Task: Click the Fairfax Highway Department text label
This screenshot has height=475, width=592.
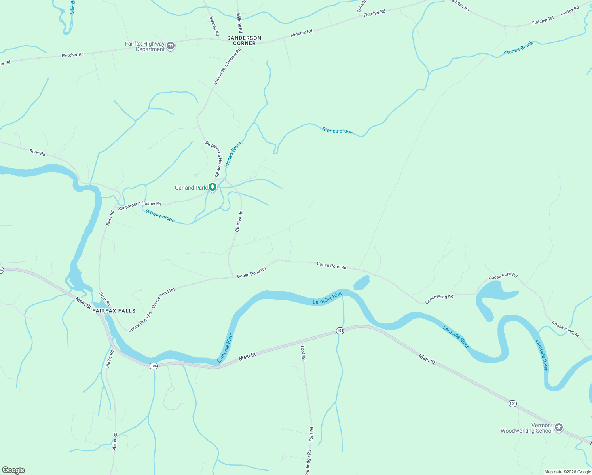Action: pos(144,46)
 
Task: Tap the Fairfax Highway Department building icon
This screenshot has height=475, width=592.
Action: pos(171,46)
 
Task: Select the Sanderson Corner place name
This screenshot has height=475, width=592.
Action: pos(244,40)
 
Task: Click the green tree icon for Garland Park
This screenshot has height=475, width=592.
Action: pos(213,187)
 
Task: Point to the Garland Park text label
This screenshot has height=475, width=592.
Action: pos(191,188)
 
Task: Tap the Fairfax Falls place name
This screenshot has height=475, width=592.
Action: pos(114,311)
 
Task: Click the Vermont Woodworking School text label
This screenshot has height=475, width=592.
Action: pos(526,428)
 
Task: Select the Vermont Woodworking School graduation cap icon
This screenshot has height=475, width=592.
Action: pos(558,427)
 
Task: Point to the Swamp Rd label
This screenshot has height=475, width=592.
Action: pos(214,26)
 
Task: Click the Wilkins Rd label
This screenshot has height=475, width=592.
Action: pos(239,23)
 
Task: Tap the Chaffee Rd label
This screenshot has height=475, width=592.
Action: pos(239,221)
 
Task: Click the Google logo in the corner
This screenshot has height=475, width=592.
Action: pos(13,470)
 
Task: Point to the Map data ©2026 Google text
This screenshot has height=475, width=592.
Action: pos(567,472)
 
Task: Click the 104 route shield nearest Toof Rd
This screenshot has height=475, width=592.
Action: pos(340,330)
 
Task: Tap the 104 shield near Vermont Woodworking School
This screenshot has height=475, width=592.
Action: pos(512,403)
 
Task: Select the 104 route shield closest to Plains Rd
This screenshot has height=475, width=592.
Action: pos(154,366)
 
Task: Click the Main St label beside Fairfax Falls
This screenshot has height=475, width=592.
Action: pos(83,303)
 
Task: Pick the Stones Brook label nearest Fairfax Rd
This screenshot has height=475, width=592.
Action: pos(518,48)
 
